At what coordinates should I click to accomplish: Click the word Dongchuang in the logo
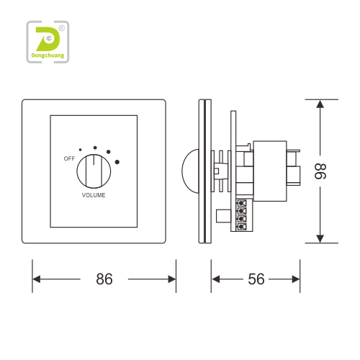coord(48,55)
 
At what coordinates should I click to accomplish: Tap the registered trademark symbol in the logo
coord(62,28)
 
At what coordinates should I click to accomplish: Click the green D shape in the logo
coord(48,39)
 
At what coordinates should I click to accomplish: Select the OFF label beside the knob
coord(69,158)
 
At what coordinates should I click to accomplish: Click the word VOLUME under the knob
coord(94,195)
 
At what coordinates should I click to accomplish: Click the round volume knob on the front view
coord(94,171)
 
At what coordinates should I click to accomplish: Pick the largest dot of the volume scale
coord(117,162)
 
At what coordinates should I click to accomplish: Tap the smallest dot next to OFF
coord(80,150)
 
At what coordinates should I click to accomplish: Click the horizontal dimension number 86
coord(104,279)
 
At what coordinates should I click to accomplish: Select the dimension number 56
coord(256,279)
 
